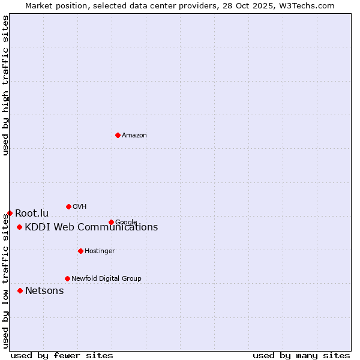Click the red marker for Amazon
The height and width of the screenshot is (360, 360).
(x=118, y=135)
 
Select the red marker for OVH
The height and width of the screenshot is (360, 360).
(x=68, y=206)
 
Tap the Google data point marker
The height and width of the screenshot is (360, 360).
(x=111, y=222)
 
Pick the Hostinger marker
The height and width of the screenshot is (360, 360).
(x=80, y=251)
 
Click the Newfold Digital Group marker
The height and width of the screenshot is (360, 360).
(x=67, y=278)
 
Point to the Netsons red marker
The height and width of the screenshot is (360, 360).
(x=20, y=290)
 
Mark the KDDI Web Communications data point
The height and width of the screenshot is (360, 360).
(x=20, y=227)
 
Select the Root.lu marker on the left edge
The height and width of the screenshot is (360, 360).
(x=10, y=213)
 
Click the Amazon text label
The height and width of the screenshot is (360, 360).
(x=134, y=136)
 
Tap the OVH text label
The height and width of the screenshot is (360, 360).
(x=80, y=207)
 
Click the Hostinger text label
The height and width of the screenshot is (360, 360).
(x=100, y=251)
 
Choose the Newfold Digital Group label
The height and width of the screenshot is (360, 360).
(x=106, y=279)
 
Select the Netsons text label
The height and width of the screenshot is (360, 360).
(x=44, y=291)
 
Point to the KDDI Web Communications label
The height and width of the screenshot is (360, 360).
(x=91, y=227)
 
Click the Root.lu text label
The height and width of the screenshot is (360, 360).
(x=32, y=214)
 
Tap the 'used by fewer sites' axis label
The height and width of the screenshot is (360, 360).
(x=62, y=355)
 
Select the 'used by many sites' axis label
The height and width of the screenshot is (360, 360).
(x=301, y=355)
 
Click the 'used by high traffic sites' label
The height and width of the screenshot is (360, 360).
(x=6, y=85)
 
